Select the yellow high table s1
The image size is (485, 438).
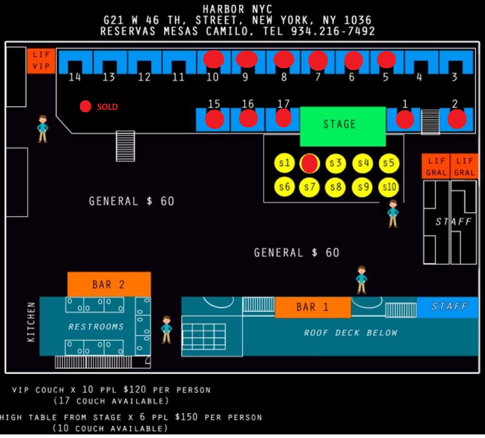coord(284,163)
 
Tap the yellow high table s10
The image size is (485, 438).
coord(388,187)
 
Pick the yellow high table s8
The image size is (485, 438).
coord(335,187)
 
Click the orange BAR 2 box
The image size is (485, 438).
coord(109,284)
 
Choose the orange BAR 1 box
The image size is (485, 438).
coord(313,307)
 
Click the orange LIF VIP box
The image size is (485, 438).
coord(41,61)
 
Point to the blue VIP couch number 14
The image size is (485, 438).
coord(75,62)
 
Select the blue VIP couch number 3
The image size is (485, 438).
coord(456,62)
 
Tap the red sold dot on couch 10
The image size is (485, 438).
coord(214,59)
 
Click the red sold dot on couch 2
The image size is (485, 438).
coord(457,119)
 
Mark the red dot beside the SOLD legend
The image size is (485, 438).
coord(85,107)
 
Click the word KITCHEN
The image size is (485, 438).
coord(31,322)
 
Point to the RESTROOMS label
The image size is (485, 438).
coord(96,327)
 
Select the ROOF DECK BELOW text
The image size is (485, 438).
coord(350,333)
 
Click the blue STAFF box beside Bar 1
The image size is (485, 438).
coord(448,307)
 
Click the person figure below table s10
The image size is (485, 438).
coord(393,214)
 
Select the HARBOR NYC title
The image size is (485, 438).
coord(237,9)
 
